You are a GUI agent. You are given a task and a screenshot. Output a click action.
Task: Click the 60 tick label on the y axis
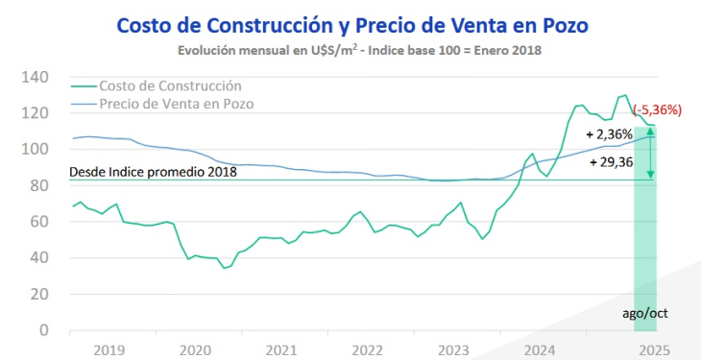click(x=38, y=222)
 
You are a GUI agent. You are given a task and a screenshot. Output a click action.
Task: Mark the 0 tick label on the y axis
click(x=44, y=330)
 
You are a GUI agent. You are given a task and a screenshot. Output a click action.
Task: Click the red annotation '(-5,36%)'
click(x=657, y=109)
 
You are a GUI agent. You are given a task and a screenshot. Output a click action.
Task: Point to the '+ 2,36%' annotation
click(x=612, y=134)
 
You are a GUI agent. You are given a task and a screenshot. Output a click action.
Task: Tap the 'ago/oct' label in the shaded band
click(x=644, y=313)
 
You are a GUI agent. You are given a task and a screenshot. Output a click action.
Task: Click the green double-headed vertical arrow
click(x=651, y=155)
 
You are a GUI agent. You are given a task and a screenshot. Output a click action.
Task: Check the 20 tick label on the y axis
click(x=38, y=295)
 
